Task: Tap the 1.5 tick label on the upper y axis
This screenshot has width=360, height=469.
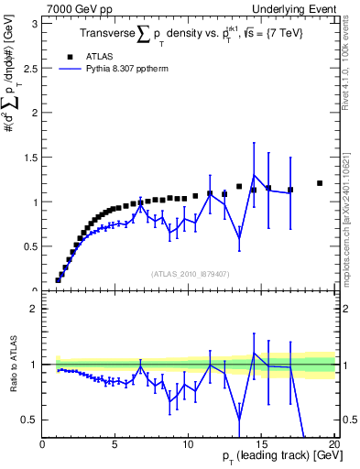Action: click(x=32, y=157)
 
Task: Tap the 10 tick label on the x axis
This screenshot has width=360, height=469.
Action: click(x=188, y=444)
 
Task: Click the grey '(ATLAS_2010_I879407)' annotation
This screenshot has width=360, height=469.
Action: click(x=191, y=274)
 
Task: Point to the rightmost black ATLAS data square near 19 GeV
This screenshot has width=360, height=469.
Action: click(x=320, y=183)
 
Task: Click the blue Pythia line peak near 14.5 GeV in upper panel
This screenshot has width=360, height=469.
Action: click(x=254, y=175)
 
